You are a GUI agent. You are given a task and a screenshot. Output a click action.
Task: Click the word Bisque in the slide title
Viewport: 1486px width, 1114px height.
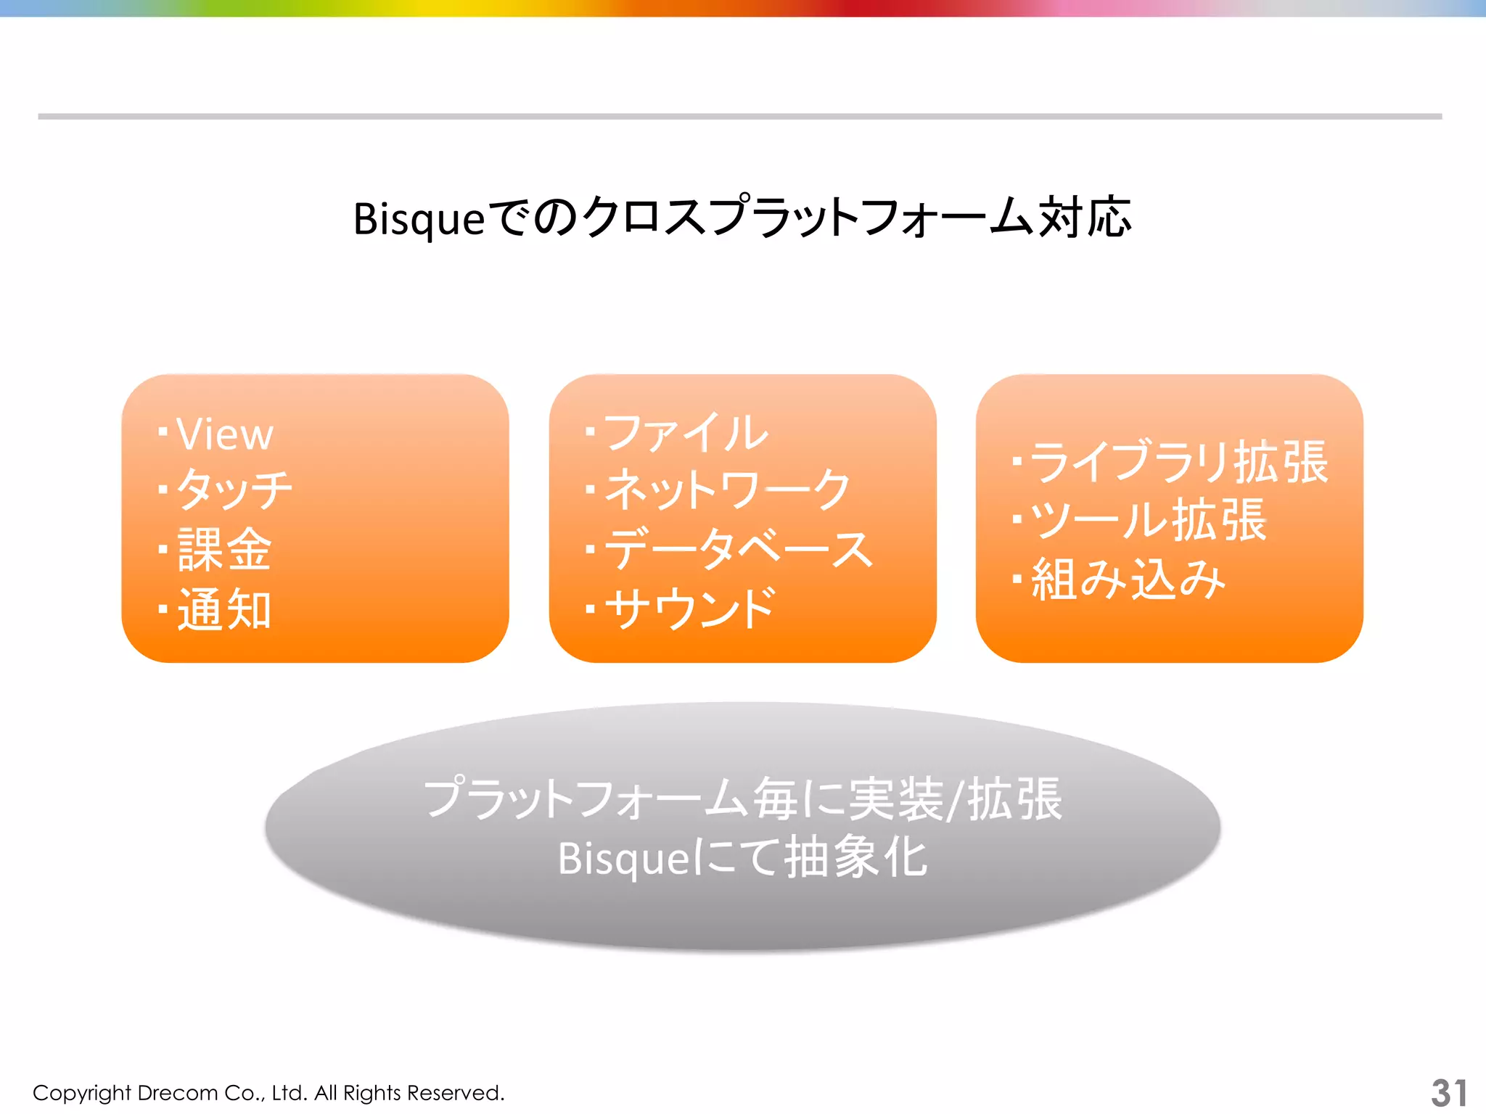point(419,219)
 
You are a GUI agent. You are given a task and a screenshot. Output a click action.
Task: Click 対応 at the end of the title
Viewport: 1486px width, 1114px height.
point(1085,218)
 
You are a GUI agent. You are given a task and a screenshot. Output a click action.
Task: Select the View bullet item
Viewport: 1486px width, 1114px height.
point(224,434)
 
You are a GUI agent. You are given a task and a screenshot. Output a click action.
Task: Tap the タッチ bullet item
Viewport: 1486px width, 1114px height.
point(234,490)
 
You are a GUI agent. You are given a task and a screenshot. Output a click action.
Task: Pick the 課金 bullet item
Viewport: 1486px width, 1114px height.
point(224,550)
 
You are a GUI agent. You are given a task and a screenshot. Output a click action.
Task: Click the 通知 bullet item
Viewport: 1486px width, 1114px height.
point(224,609)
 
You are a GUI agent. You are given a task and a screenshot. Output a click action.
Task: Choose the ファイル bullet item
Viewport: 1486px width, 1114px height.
point(685,433)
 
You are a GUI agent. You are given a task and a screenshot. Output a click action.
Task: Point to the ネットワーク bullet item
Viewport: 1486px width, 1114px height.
point(727,490)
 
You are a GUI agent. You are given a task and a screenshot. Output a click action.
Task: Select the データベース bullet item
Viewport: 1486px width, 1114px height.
point(739,549)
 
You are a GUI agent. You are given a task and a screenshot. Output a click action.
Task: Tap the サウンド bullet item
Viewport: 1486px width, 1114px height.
point(690,608)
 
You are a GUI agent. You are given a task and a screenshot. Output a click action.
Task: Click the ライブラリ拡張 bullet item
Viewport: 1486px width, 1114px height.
point(1178,462)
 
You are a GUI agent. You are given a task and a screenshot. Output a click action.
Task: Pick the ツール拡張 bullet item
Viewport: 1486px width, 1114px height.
point(1148,521)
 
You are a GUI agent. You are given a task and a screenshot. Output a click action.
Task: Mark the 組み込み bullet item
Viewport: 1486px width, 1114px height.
point(1128,579)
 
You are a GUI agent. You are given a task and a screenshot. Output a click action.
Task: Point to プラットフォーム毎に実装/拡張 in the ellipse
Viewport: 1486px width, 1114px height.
point(742,799)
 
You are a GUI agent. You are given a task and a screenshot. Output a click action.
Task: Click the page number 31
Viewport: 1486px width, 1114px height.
point(1448,1093)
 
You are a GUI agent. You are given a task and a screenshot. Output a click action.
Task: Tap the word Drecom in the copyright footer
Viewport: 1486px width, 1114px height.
point(177,1093)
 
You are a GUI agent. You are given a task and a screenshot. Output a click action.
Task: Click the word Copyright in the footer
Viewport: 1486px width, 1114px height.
point(81,1094)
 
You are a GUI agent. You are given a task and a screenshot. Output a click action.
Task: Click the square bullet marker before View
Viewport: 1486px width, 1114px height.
point(163,432)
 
